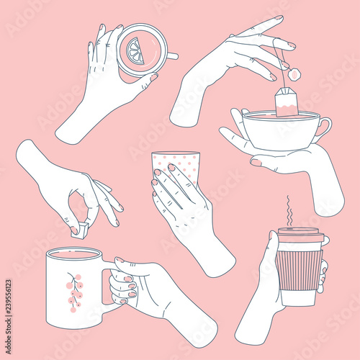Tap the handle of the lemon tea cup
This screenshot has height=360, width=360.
[x=171, y=55]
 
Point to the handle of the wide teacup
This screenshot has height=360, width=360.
[x=323, y=129]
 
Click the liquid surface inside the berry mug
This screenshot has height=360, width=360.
[x=73, y=254]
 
